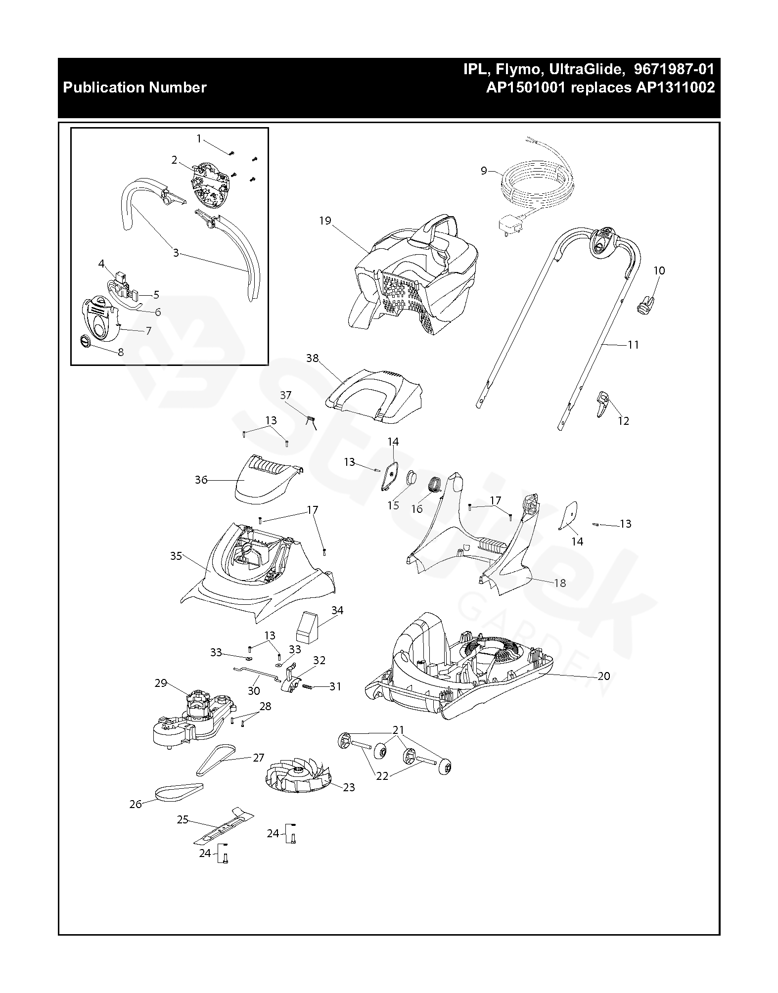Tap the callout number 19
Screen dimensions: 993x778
click(325, 221)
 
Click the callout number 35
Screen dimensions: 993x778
click(176, 556)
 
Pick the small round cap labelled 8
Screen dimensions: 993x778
click(86, 341)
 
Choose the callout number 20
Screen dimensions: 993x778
click(604, 676)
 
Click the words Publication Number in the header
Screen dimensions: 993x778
click(135, 88)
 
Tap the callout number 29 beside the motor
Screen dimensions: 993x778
click(161, 683)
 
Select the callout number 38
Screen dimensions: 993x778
click(313, 358)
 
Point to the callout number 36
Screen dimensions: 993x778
click(201, 480)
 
